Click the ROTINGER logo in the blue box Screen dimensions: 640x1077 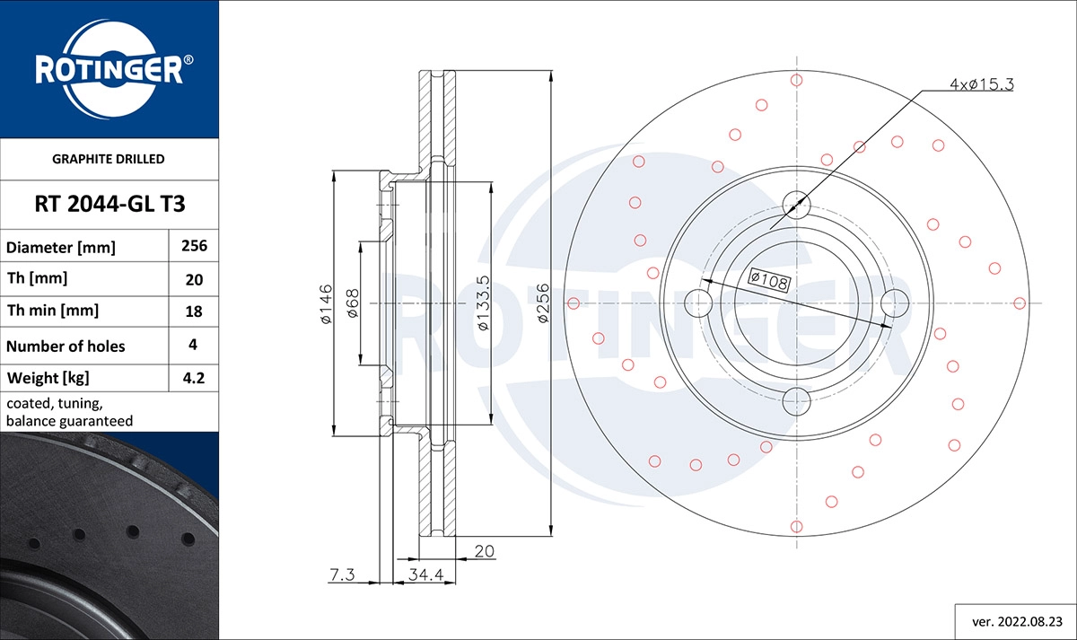(109, 69)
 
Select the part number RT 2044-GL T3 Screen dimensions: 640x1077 (109, 204)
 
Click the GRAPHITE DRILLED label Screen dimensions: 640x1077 (109, 159)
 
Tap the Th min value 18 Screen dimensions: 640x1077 (194, 311)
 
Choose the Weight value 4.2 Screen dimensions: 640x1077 (194, 379)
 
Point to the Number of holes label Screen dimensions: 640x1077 (66, 346)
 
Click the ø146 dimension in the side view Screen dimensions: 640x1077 (326, 304)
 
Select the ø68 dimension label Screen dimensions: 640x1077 (353, 304)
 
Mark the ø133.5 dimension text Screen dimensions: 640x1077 (483, 303)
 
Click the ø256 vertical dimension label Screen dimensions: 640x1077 (542, 303)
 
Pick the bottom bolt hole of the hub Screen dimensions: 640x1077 (796, 400)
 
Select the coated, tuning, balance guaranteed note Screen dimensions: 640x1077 (70, 412)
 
